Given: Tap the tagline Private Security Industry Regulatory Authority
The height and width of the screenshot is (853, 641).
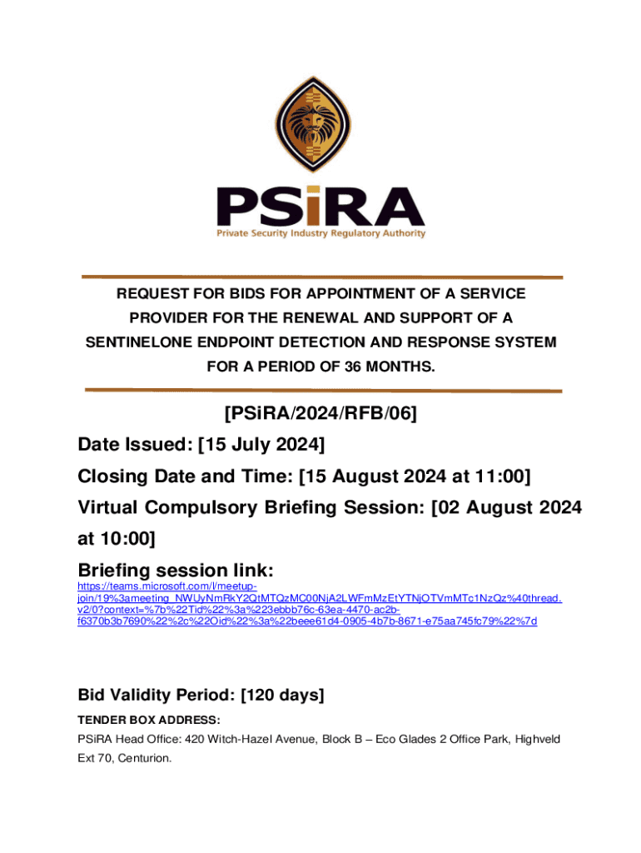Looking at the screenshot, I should (x=321, y=234).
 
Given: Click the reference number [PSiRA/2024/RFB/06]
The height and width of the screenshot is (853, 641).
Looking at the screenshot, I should (x=320, y=414).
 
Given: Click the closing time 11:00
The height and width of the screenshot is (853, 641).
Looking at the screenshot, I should (x=502, y=476).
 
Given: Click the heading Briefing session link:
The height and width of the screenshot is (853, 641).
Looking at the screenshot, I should (x=176, y=571).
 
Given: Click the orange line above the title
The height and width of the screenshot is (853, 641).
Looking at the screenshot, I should (x=321, y=277).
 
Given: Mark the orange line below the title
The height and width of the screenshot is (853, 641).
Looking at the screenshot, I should (x=321, y=390).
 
